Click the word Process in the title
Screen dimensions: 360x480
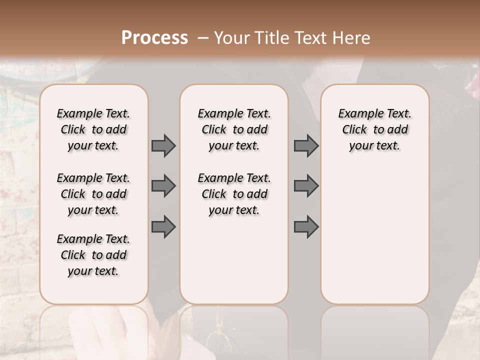[x=154, y=38]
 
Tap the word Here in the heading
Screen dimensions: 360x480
[x=352, y=38]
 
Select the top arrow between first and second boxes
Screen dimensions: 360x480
[x=163, y=145]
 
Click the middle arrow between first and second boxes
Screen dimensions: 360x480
[x=163, y=186]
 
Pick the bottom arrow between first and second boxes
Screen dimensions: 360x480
[x=163, y=226]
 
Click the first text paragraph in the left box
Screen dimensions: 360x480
[x=93, y=129]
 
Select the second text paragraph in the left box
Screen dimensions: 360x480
[x=93, y=194]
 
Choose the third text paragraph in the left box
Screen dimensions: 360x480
[x=93, y=255]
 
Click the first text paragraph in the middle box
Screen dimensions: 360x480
[x=234, y=129]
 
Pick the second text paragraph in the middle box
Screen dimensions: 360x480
[x=234, y=194]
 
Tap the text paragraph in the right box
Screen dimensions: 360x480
[x=374, y=129]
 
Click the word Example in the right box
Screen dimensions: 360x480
[x=356, y=114]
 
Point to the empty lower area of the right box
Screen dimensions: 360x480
[x=374, y=235]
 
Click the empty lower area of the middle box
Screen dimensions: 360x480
[x=234, y=260]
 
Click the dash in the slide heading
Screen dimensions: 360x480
[x=202, y=38]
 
